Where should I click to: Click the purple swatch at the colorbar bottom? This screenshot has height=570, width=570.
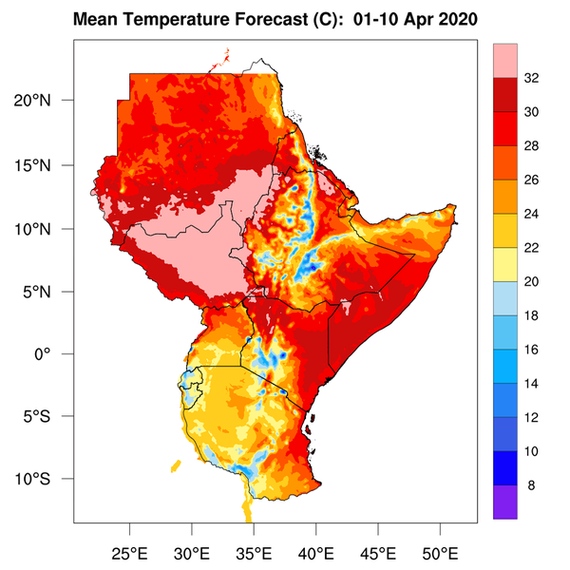click(x=505, y=502)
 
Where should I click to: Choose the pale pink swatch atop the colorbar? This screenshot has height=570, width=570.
click(x=505, y=61)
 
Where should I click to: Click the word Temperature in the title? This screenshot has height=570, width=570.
click(x=181, y=19)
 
